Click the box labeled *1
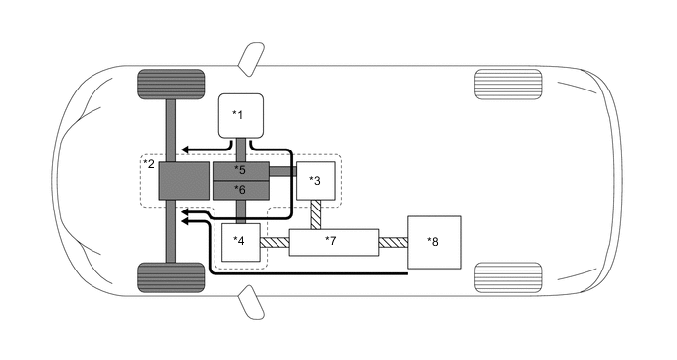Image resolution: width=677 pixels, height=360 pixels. tap(241, 116)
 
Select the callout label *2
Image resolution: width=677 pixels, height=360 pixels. tap(149, 163)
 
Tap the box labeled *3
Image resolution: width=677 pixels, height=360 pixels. tap(316, 180)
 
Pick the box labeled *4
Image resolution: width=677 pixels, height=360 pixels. tap(241, 240)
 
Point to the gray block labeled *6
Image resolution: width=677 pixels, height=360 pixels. tap(241, 189)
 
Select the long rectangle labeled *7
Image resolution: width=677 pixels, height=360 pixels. tap(335, 240)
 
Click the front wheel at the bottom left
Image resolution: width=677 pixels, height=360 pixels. tap(170, 276)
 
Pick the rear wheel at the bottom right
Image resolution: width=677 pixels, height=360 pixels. tap(508, 276)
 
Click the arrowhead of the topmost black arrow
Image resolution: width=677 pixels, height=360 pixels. tap(183, 150)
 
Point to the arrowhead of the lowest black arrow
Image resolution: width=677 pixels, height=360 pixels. tap(183, 222)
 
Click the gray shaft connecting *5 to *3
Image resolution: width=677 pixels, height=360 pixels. tap(283, 171)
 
